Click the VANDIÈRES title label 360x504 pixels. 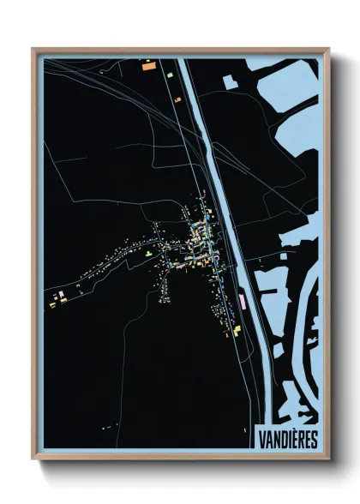[x=287, y=439]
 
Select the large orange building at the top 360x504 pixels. [x=147, y=64]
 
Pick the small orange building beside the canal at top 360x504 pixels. [x=178, y=99]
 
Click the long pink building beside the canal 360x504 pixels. [x=243, y=299]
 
